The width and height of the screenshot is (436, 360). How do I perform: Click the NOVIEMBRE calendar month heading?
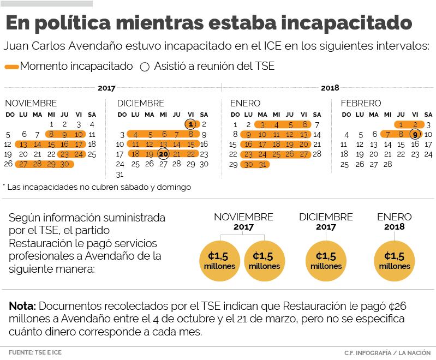pos(31,103)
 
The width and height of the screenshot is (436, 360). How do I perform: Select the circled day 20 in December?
pos(163,154)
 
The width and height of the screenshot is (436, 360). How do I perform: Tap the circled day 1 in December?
pos(190,124)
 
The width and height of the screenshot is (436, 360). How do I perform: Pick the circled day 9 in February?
pos(415,134)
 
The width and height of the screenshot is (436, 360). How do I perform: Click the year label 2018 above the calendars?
pos(330,88)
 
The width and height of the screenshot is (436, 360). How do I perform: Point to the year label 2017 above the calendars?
pos(106,88)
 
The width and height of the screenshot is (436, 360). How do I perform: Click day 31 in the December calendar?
pos(120,175)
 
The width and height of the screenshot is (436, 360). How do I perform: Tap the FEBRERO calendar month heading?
pos(361,103)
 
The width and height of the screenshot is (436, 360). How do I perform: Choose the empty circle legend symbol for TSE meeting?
pos(145,67)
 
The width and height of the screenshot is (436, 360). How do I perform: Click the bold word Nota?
pos(22,305)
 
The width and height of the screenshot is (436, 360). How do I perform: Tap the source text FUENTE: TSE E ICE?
pos(35,352)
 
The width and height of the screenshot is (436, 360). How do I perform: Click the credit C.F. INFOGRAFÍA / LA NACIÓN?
pos(389,352)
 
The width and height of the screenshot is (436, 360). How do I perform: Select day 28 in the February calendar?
pos(387,164)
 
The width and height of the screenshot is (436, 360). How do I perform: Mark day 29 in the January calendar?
pos(234,164)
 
